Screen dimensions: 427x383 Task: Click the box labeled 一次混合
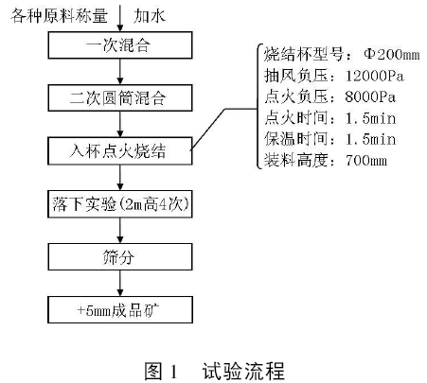[x=120, y=45]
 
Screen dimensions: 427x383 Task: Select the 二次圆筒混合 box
[x=120, y=97]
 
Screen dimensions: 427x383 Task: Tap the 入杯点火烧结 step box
[x=120, y=150]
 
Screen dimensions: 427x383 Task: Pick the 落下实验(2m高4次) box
[x=120, y=204]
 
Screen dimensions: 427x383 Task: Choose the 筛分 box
[x=120, y=256]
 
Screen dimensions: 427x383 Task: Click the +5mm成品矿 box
[x=120, y=309]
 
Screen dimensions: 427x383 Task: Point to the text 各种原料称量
[x=59, y=16]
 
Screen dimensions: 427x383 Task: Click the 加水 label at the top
[x=150, y=16]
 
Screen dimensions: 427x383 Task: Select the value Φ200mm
[x=392, y=54]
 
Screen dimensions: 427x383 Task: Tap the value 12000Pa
[x=375, y=76]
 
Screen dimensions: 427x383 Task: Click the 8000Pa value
[x=370, y=96]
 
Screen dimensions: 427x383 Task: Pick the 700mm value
[x=366, y=161]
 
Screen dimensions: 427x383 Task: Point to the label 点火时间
[x=295, y=118]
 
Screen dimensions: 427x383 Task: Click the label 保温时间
[x=295, y=139]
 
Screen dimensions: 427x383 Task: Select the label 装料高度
[x=295, y=160]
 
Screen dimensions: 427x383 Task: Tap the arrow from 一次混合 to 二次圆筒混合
[x=120, y=72]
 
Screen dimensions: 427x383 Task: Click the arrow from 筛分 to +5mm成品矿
[x=120, y=283]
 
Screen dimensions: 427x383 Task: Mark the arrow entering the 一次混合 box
[x=120, y=18]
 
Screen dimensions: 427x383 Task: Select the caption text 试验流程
[x=243, y=371]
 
